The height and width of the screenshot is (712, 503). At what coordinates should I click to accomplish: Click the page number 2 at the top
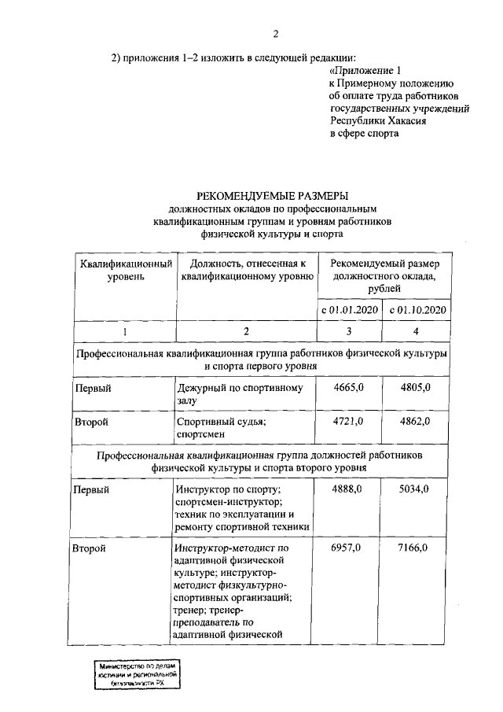(275, 33)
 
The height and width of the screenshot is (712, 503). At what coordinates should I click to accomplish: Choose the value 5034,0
(415, 490)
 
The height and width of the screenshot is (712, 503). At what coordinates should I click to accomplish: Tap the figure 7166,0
(415, 548)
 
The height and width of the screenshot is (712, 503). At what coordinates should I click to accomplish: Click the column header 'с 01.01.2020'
(350, 310)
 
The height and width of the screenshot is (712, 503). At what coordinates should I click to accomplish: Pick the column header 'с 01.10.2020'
(418, 310)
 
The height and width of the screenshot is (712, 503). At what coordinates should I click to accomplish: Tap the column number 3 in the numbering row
(350, 331)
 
